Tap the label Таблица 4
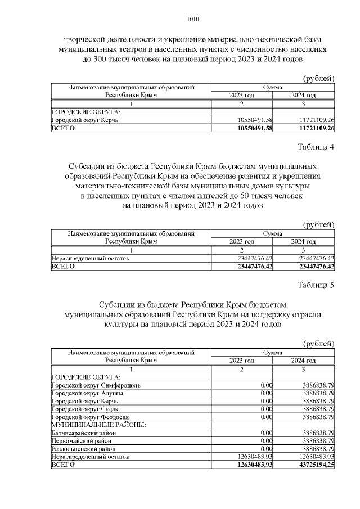[x=316, y=147]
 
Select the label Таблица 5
[x=316, y=285]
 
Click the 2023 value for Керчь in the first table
[x=253, y=120]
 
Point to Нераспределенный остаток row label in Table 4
[x=90, y=258]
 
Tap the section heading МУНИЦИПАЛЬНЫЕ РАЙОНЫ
[x=98, y=425]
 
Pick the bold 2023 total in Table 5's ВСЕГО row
[x=251, y=465]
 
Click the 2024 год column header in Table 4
[x=303, y=241]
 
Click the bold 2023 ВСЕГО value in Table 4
[x=251, y=266]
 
